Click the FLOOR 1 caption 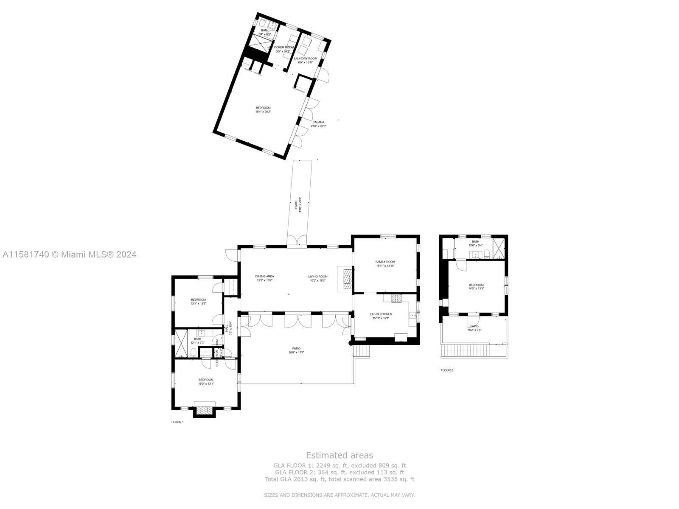coord(177,422)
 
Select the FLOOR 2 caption coord(447,370)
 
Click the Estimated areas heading coord(339,455)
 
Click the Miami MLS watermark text coord(70,255)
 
